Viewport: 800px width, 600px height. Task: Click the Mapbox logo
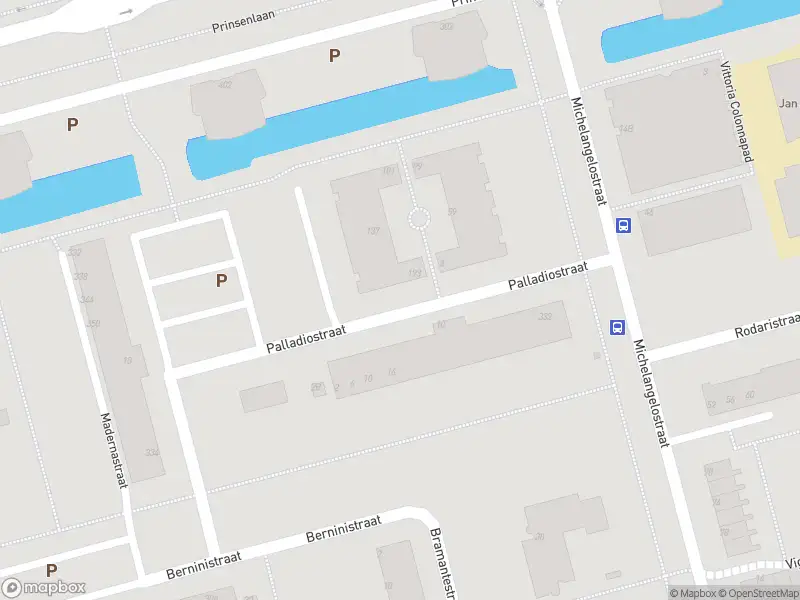(43, 588)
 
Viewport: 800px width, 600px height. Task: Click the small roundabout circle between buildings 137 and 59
(419, 218)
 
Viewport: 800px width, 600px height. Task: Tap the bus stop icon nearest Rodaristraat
(617, 327)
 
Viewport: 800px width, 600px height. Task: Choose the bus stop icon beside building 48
(624, 225)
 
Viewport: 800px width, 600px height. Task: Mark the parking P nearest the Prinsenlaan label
(334, 56)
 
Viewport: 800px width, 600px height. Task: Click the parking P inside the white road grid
(221, 281)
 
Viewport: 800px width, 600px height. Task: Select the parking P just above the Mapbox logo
(51, 570)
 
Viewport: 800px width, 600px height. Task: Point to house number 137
(374, 231)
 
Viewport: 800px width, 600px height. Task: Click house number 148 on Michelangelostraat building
(626, 129)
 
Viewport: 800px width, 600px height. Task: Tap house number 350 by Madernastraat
(93, 323)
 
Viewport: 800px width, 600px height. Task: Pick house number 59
(452, 211)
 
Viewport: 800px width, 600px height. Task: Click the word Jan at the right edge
(788, 103)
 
